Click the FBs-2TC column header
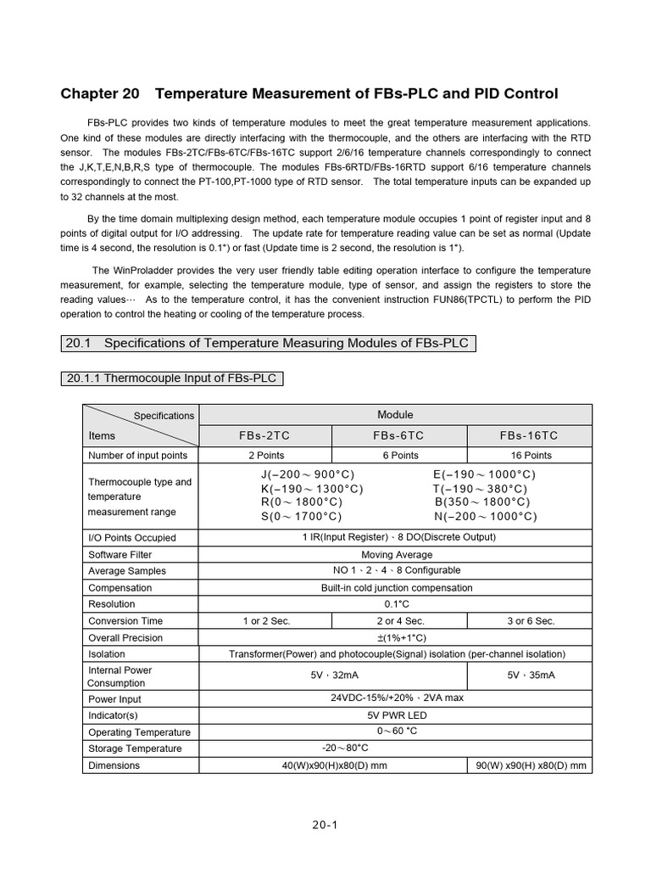click(264, 435)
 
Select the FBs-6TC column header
click(398, 435)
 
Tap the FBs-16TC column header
click(529, 435)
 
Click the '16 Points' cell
click(529, 456)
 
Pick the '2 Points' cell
click(264, 456)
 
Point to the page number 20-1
click(325, 824)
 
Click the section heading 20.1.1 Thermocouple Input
click(172, 378)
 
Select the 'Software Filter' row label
click(120, 555)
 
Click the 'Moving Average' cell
click(395, 555)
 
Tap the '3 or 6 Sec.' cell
click(531, 621)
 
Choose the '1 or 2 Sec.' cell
click(264, 621)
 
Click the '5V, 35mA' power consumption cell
click(529, 676)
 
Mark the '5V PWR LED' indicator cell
click(395, 715)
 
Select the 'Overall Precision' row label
click(126, 638)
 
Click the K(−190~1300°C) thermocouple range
click(312, 489)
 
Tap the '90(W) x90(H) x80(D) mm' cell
click(531, 765)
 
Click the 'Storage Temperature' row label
click(135, 748)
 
